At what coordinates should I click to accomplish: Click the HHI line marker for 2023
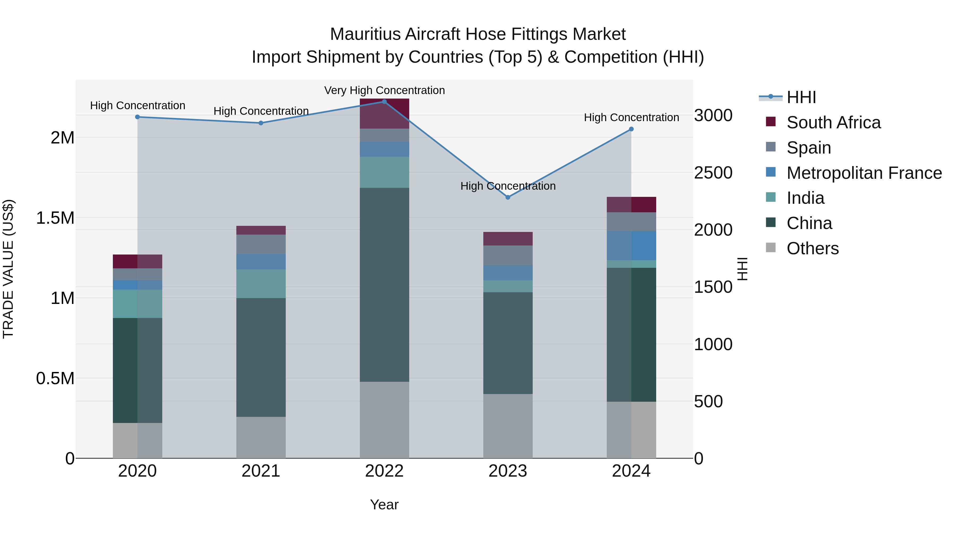click(x=508, y=197)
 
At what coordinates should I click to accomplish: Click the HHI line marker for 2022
click(x=384, y=101)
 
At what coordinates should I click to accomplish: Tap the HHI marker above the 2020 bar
click(x=137, y=117)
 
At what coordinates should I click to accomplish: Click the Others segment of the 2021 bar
click(x=261, y=437)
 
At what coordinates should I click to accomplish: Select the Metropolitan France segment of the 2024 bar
click(x=631, y=245)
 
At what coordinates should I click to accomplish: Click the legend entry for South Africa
click(x=833, y=122)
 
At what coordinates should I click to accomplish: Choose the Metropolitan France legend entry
click(x=864, y=173)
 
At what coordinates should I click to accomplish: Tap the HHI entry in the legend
click(x=801, y=97)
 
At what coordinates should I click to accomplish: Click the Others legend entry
click(x=812, y=248)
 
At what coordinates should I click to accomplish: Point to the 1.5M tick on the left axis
click(x=55, y=218)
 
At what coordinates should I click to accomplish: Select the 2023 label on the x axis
click(x=508, y=471)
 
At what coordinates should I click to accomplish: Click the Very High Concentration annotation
click(x=384, y=90)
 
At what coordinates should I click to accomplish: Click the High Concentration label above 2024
click(x=631, y=117)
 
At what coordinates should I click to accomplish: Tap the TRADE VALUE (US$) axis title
click(x=8, y=269)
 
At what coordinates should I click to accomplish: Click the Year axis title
click(x=384, y=505)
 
